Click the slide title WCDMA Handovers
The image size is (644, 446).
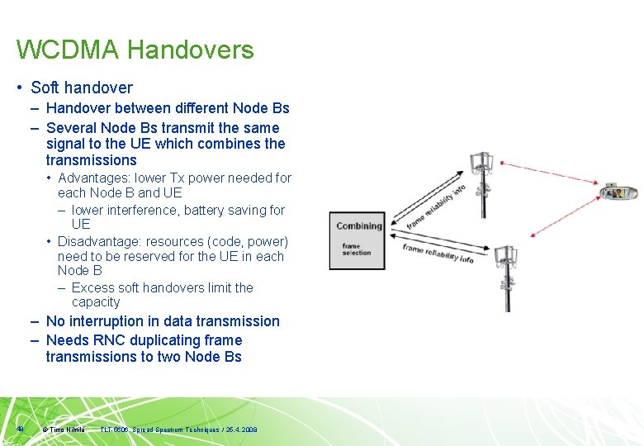pos(135,50)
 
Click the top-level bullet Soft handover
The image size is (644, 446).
pos(81,88)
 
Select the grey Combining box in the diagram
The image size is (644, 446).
pos(357,240)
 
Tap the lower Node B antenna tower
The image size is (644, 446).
pos(504,277)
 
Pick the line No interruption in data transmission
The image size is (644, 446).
pos(163,321)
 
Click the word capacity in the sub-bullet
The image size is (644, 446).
pos(96,302)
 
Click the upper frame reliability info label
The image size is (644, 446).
pos(434,205)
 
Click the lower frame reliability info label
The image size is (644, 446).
pos(438,253)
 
